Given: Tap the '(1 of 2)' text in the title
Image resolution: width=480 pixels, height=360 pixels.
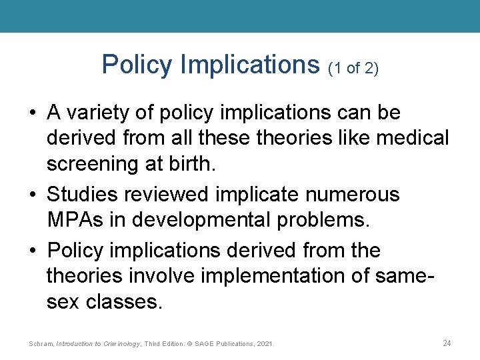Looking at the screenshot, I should (x=353, y=68).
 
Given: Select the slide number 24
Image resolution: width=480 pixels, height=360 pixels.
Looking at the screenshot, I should (x=447, y=343).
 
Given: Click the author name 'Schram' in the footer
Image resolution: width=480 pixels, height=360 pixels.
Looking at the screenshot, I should (x=41, y=344).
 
